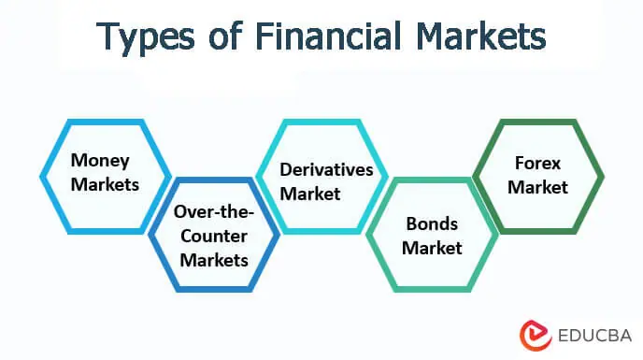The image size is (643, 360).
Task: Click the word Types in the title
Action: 145,36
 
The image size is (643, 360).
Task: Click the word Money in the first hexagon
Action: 101,161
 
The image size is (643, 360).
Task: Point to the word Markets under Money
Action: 105,183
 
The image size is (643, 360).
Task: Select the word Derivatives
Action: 326,169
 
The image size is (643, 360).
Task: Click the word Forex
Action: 538,163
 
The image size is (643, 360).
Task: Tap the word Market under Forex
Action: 538,186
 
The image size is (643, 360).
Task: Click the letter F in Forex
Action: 519,163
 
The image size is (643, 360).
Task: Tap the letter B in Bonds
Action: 411,224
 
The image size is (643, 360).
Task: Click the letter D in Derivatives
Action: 286,169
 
